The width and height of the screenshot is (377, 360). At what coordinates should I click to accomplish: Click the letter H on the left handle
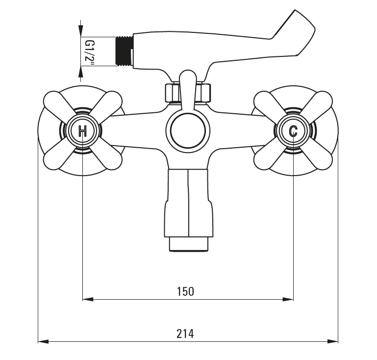pyautogui.click(x=82, y=131)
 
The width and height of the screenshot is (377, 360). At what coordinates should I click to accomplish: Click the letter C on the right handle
pyautogui.click(x=293, y=131)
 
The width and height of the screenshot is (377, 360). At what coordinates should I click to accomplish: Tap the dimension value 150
pyautogui.click(x=185, y=291)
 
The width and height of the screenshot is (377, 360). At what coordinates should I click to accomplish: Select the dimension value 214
pyautogui.click(x=185, y=334)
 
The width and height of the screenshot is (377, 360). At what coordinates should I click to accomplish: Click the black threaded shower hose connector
pyautogui.click(x=124, y=51)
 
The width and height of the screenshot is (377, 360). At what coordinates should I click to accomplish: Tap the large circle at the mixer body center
pyautogui.click(x=188, y=131)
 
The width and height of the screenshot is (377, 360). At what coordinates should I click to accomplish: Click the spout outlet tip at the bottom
pyautogui.click(x=189, y=244)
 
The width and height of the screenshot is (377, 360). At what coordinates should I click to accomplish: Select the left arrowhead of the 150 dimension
pyautogui.click(x=88, y=299)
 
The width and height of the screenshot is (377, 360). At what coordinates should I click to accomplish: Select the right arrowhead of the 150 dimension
pyautogui.click(x=288, y=299)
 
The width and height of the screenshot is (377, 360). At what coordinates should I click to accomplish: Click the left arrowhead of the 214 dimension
pyautogui.click(x=43, y=341)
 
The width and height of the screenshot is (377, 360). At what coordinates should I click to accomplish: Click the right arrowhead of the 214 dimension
pyautogui.click(x=333, y=341)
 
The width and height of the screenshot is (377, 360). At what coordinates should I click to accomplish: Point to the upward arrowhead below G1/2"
pyautogui.click(x=80, y=72)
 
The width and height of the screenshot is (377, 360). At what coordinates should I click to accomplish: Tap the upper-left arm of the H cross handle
pyautogui.click(x=57, y=104)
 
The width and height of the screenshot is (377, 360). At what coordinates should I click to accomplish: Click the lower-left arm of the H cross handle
pyautogui.click(x=57, y=157)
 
